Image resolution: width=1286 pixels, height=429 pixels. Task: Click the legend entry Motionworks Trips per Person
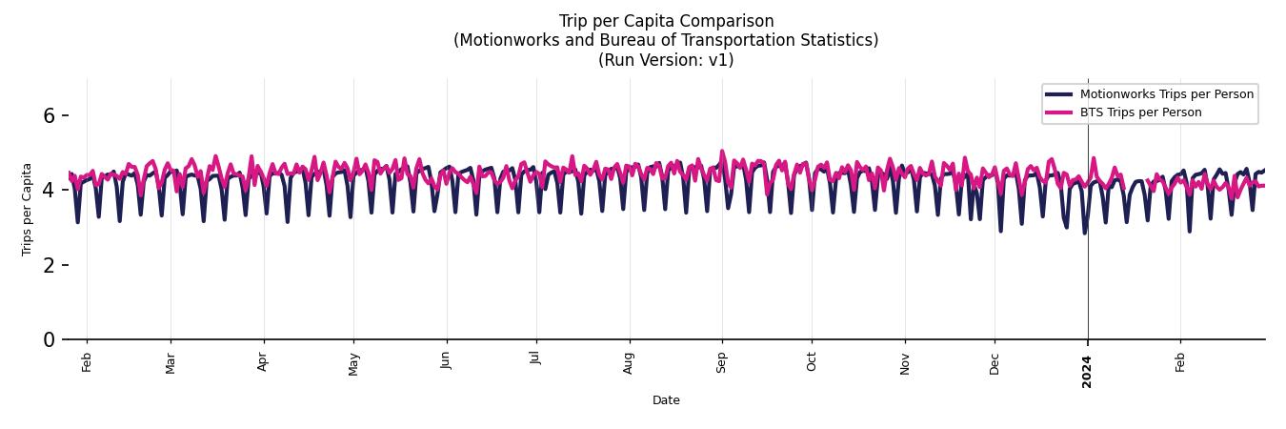pyautogui.click(x=1166, y=94)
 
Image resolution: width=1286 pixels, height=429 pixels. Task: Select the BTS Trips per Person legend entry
pyautogui.click(x=1140, y=112)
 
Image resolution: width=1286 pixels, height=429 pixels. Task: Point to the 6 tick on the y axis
pyautogui.click(x=50, y=115)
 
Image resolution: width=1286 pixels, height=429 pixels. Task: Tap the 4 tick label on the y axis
pyautogui.click(x=50, y=190)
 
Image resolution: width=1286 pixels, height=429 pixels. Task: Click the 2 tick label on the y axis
pyautogui.click(x=50, y=265)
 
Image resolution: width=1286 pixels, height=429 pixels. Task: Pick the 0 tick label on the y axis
pyautogui.click(x=50, y=339)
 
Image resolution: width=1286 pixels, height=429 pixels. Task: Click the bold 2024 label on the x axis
pyautogui.click(x=1088, y=371)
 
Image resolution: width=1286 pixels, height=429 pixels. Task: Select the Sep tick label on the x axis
pyautogui.click(x=722, y=362)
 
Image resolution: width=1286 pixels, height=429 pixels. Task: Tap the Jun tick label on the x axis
pyautogui.click(x=446, y=361)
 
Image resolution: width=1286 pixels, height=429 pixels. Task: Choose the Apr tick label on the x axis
pyautogui.click(x=263, y=361)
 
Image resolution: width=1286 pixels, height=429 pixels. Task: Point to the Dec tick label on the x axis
pyautogui.click(x=995, y=363)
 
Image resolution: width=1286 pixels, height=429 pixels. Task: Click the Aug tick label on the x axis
pyautogui.click(x=629, y=363)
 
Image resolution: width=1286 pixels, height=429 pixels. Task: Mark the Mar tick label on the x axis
pyautogui.click(x=171, y=363)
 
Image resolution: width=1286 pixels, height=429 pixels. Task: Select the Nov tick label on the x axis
pyautogui.click(x=905, y=363)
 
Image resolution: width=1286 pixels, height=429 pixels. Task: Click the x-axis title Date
pyautogui.click(x=666, y=400)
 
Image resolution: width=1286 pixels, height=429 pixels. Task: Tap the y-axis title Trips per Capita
pyautogui.click(x=27, y=209)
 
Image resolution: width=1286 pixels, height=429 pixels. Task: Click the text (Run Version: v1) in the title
pyautogui.click(x=666, y=59)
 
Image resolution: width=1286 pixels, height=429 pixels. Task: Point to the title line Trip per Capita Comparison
pyautogui.click(x=666, y=21)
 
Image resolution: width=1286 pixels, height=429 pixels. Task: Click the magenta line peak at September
pyautogui.click(x=722, y=151)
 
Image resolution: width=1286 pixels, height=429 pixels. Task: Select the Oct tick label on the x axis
pyautogui.click(x=812, y=362)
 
